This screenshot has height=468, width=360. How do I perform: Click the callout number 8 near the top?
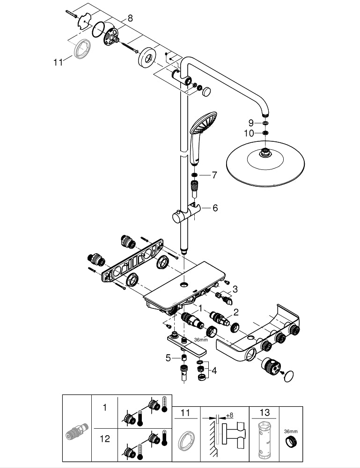pyautogui.click(x=130, y=18)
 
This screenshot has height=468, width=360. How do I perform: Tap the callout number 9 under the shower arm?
pyautogui.click(x=251, y=123)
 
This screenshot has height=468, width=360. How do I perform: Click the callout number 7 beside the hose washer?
pyautogui.click(x=214, y=175)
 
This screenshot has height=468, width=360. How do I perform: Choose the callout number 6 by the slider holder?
pyautogui.click(x=215, y=208)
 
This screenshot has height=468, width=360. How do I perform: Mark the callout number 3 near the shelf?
pyautogui.click(x=235, y=289)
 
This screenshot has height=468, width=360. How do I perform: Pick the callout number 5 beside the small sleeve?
pyautogui.click(x=168, y=358)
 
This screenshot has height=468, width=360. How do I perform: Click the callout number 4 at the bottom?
pyautogui.click(x=214, y=371)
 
